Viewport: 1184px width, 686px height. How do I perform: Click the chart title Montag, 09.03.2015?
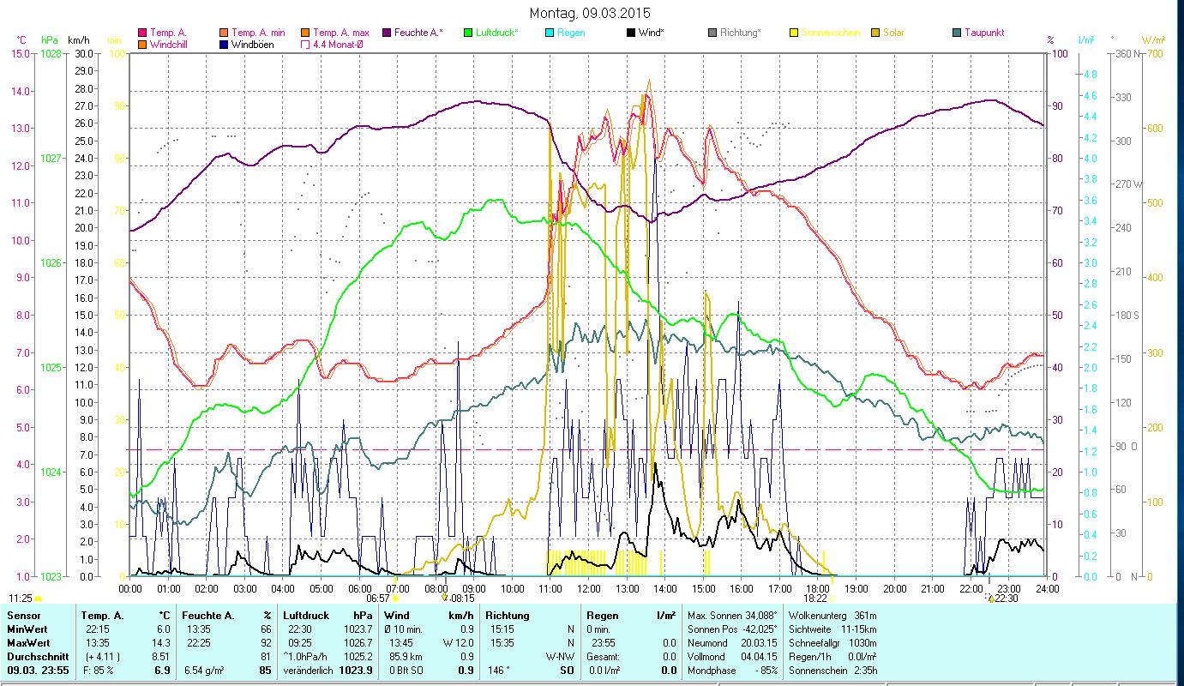pyautogui.click(x=590, y=13)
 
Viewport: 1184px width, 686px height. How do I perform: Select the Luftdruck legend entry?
pyautogui.click(x=496, y=33)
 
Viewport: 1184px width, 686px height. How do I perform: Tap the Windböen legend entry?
pyautogui.click(x=253, y=45)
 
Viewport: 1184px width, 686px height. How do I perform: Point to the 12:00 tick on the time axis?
pyautogui.click(x=589, y=588)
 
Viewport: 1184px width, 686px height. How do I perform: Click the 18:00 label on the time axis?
pyautogui.click(x=818, y=588)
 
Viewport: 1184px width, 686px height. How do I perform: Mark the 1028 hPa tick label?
pyautogui.click(x=51, y=53)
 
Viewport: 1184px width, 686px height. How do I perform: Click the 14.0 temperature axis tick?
pyautogui.click(x=21, y=91)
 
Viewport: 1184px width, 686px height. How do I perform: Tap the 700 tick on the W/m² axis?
pyautogui.click(x=1154, y=53)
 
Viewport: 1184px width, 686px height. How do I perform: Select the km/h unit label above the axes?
pyautogui.click(x=78, y=39)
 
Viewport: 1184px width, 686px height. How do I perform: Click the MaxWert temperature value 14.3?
pyautogui.click(x=160, y=642)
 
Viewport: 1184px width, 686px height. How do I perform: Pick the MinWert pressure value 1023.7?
pyautogui.click(x=359, y=629)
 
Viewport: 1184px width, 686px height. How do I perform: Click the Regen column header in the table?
pyautogui.click(x=602, y=616)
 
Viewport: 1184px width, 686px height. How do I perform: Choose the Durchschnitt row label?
pyautogui.click(x=33, y=655)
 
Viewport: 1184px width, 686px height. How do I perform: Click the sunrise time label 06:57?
pyautogui.click(x=378, y=598)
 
